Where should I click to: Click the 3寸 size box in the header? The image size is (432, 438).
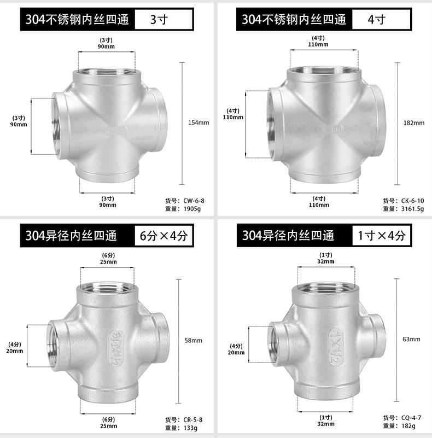[164, 19]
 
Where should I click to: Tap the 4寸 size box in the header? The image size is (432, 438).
[381, 19]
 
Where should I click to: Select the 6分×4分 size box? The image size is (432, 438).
[164, 236]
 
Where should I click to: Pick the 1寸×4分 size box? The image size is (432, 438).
[382, 236]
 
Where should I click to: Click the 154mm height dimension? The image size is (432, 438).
[199, 122]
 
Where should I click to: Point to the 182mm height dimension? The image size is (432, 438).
[414, 123]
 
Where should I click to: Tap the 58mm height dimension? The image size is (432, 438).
[194, 340]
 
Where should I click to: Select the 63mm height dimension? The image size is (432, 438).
[411, 339]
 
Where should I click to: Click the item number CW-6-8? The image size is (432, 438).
[194, 201]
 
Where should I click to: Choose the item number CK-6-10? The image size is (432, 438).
[412, 201]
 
